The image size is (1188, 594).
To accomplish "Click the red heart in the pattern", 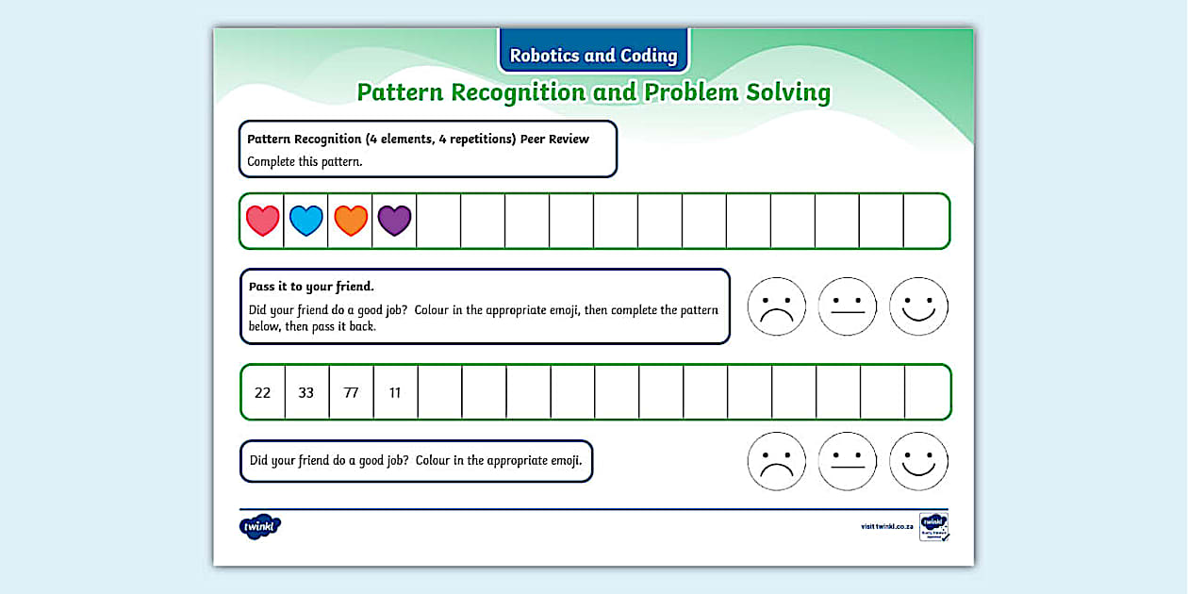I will coord(262,221).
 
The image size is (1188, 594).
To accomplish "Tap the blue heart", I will coord(306,221).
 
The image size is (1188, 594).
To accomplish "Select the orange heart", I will coord(351,221).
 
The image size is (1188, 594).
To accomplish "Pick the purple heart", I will coord(394,221).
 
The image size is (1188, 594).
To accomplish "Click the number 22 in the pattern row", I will coord(263,392).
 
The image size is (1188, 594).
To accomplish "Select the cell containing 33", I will coord(306,392).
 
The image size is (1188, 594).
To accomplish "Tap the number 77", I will coord(351,392).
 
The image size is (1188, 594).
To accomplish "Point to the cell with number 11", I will coord(395,392).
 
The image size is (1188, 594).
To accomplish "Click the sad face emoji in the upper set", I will coord(777,306).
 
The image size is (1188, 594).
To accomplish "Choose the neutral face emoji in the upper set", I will coord(848,306).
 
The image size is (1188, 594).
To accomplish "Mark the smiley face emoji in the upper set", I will coord(918,306).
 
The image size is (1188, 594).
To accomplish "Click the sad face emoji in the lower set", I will coord(777,461).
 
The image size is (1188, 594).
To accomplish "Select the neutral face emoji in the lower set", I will coord(848,461).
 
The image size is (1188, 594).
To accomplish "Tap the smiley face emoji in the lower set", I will coord(918,461).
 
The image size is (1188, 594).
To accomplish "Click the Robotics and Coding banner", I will coord(593,55).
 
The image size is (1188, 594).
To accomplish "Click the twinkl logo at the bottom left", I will coord(260,526).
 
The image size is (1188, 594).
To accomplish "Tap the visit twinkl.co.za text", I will coord(886,526).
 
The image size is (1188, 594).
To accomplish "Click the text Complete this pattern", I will coord(305,161).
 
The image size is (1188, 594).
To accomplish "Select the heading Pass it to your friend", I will coord(311,287).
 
